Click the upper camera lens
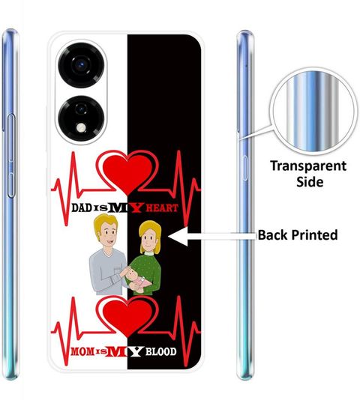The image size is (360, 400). pos(81,65)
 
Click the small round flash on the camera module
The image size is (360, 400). pos(81,128)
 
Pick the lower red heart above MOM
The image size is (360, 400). pos(127,316)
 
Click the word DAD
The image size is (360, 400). pos(82,207)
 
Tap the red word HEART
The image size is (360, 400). pos(162,208)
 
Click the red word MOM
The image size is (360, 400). pos(82,352)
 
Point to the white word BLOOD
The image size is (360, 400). pos(161,352)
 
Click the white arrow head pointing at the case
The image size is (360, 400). pos(178,236)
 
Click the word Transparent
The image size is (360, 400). pos(308,166)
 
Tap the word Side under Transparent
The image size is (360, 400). pos(310,182)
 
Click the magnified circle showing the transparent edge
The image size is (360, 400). pos(313,112)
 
